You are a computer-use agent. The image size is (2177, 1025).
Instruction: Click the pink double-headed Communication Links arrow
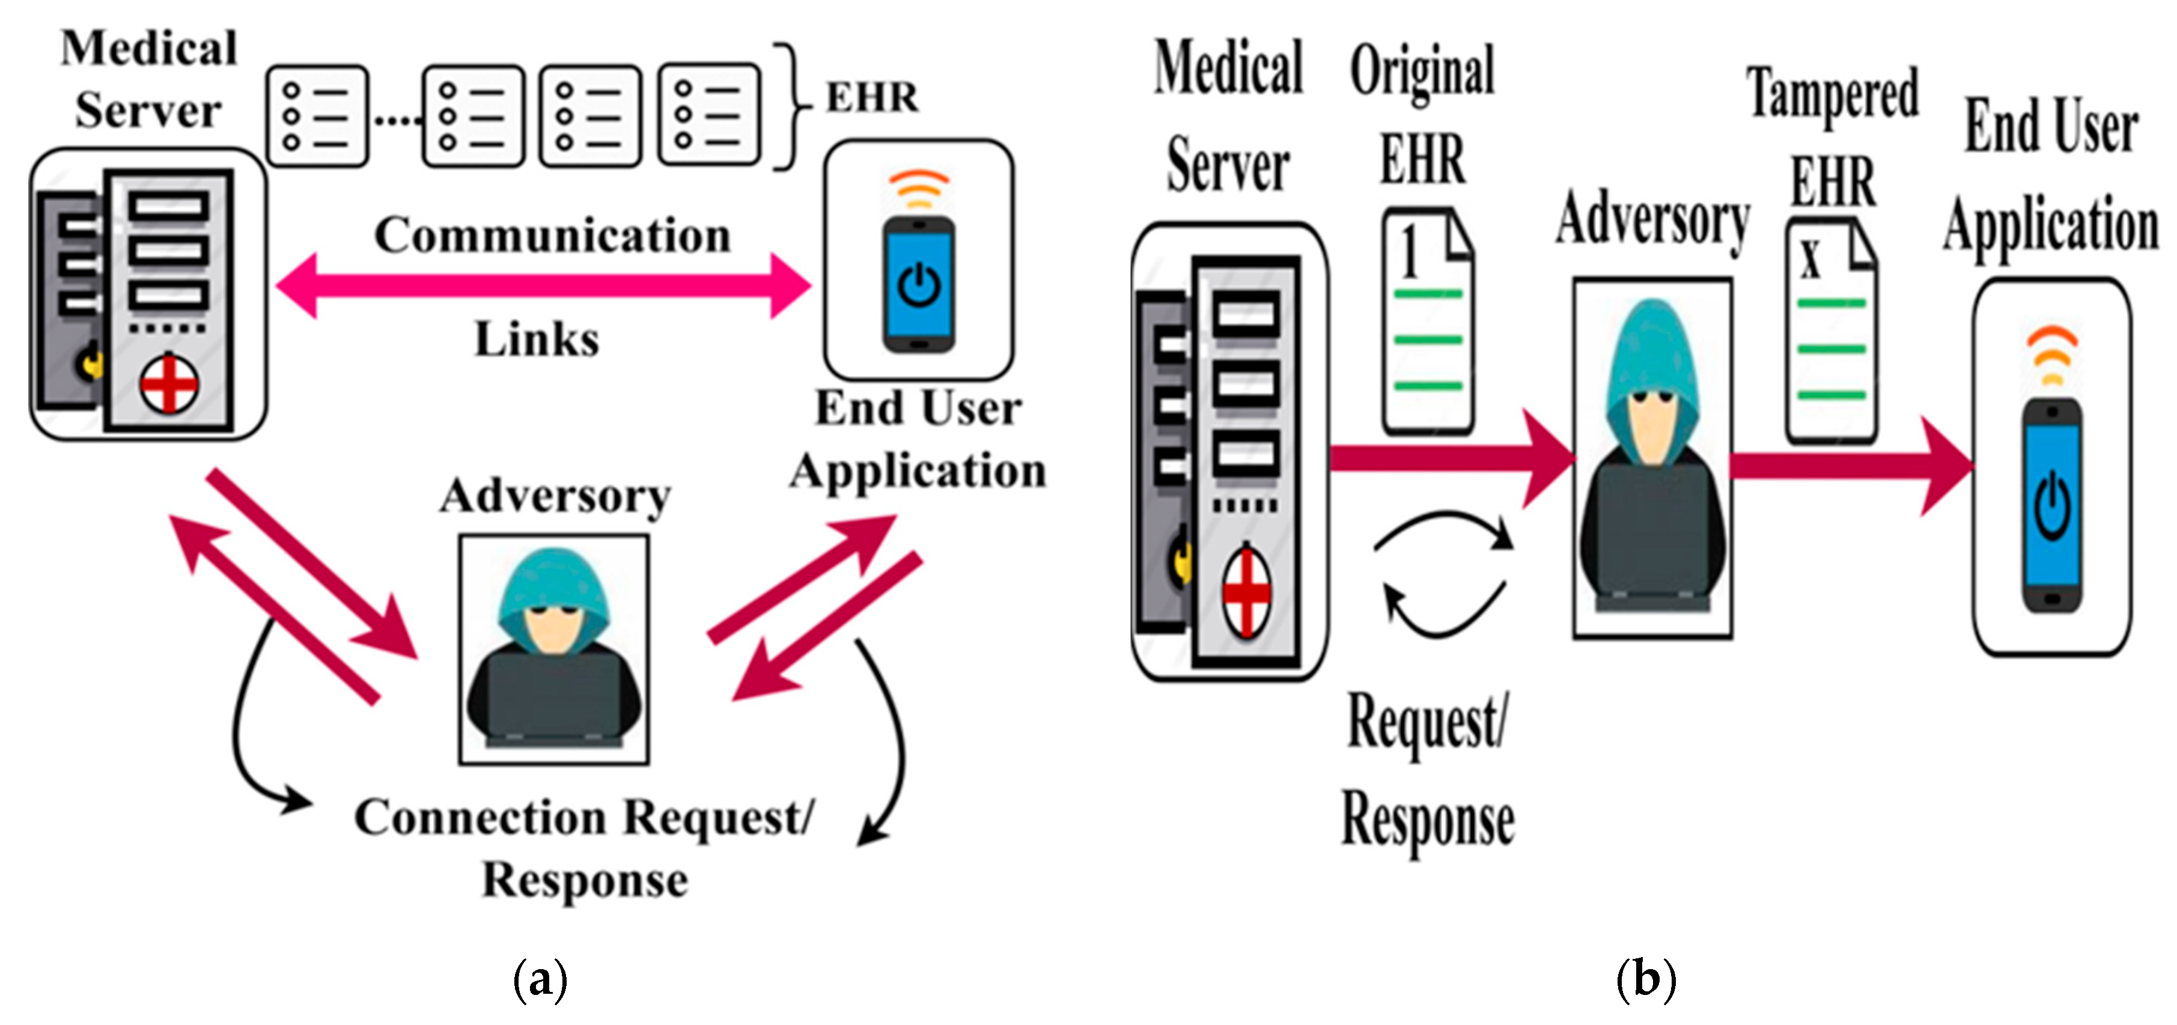[x=541, y=285]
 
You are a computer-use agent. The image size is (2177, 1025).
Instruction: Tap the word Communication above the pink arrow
[x=553, y=235]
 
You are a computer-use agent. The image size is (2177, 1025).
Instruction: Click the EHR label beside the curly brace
[x=872, y=97]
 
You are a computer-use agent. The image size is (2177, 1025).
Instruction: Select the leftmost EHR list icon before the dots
[x=318, y=116]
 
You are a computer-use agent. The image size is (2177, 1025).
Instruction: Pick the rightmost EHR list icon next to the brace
[x=709, y=114]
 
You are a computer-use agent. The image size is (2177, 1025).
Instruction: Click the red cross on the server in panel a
[x=168, y=385]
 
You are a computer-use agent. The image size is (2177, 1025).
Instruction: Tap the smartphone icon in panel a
[x=919, y=284]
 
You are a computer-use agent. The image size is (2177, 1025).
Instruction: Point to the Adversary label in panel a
[x=555, y=496]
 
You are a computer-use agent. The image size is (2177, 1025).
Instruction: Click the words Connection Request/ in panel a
[x=583, y=818]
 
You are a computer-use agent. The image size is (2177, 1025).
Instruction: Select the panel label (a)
[x=540, y=980]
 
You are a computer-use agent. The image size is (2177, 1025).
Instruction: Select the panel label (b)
[x=1645, y=980]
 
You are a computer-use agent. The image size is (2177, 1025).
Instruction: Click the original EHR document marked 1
[x=1428, y=321]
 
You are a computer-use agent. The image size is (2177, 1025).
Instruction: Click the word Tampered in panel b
[x=1832, y=95]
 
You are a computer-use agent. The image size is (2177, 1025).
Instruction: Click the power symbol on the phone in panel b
[x=2052, y=507]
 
